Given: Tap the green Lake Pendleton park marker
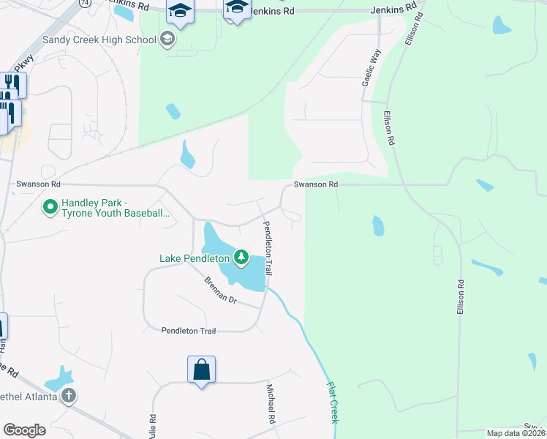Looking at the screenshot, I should coord(241,257).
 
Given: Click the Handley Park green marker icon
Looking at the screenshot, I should coord(50,208).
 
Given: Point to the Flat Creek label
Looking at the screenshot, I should coord(333,402).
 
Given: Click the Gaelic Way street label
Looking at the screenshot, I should coord(371,70).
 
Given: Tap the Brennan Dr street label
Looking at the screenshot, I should coord(221,290).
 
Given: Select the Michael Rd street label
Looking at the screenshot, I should coord(270,405).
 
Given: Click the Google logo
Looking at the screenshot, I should coord(24,430).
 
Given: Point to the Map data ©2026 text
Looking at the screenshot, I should coord(516,433).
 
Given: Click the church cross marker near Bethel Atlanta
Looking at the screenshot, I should coord(69,397).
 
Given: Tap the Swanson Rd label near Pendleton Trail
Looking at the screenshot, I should coord(316,185).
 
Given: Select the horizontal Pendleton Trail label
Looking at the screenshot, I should coord(189,331).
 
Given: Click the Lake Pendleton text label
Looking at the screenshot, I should coord(195,258).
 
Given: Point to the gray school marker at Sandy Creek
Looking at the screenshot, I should coord(167,39).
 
